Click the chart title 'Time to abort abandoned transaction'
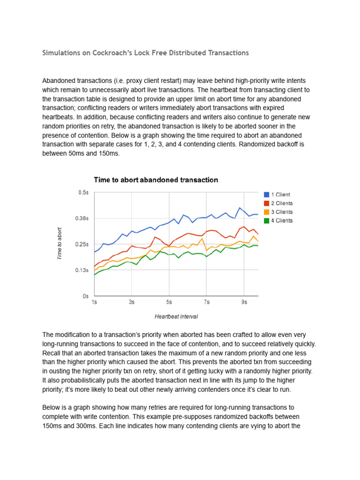point(156,180)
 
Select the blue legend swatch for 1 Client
point(266,195)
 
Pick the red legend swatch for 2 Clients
point(266,203)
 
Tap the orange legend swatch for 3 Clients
point(266,212)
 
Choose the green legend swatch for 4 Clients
point(266,221)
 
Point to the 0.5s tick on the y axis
point(83,192)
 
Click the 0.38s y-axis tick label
point(82,218)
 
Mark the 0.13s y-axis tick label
point(82,270)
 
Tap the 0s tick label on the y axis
point(85,296)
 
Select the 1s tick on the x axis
point(94,303)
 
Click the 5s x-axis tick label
point(169,303)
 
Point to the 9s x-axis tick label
point(244,303)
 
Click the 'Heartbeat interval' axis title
point(176,317)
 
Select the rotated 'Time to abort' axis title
point(60,244)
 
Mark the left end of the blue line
point(94,252)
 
